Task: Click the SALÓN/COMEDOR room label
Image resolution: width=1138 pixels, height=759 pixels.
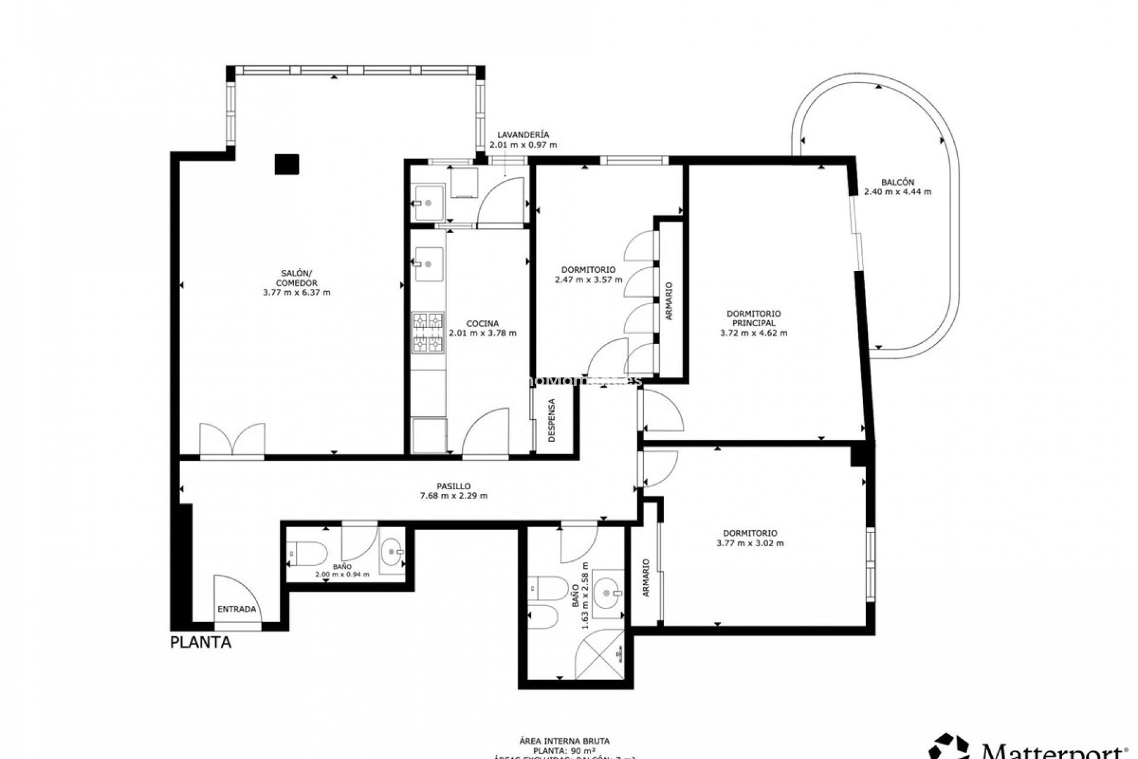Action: (296, 278)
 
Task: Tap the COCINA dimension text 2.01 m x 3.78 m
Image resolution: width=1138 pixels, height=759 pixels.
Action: (482, 333)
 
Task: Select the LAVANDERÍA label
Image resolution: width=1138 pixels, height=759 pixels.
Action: (523, 135)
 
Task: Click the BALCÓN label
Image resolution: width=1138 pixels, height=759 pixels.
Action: (897, 182)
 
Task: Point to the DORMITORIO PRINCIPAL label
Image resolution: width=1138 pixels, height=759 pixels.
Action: (753, 318)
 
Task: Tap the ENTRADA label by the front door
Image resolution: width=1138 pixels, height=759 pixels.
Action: (236, 609)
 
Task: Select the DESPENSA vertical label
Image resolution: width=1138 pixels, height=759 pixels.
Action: (552, 420)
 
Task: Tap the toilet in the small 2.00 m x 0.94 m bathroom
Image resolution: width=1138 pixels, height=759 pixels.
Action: (307, 554)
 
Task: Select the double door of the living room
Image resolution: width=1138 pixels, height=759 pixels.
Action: (232, 440)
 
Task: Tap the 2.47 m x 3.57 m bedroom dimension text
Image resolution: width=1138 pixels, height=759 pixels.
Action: (589, 279)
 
